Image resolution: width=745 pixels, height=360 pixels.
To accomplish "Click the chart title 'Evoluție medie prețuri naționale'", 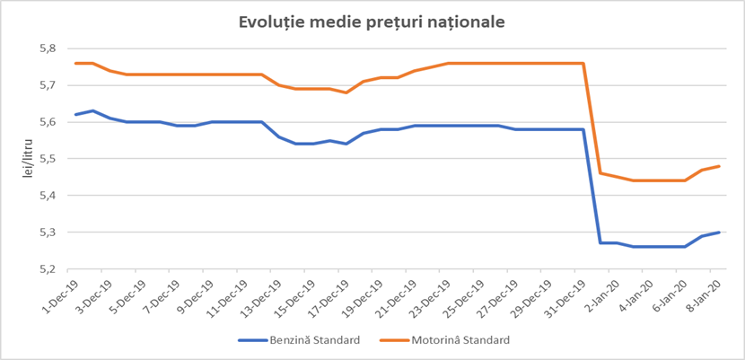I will tap(372, 21).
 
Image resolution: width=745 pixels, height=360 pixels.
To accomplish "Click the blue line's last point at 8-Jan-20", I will tap(719, 233).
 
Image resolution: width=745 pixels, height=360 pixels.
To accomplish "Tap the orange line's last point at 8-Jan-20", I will tap(719, 166).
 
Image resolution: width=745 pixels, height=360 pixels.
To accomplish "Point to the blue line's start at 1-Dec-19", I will tap(75, 115).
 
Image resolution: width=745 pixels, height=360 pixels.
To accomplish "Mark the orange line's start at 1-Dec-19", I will tap(75, 63).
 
